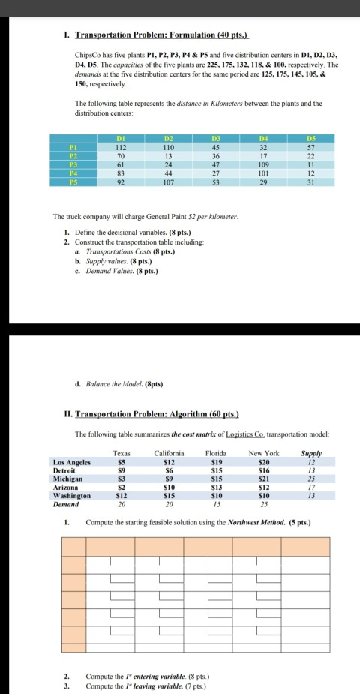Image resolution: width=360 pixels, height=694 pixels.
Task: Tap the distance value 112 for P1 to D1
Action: point(120,148)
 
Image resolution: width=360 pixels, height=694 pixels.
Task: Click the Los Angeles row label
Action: point(72,462)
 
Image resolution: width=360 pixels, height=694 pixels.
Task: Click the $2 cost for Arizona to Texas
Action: point(121,488)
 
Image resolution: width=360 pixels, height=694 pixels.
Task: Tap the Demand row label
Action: point(67,504)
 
